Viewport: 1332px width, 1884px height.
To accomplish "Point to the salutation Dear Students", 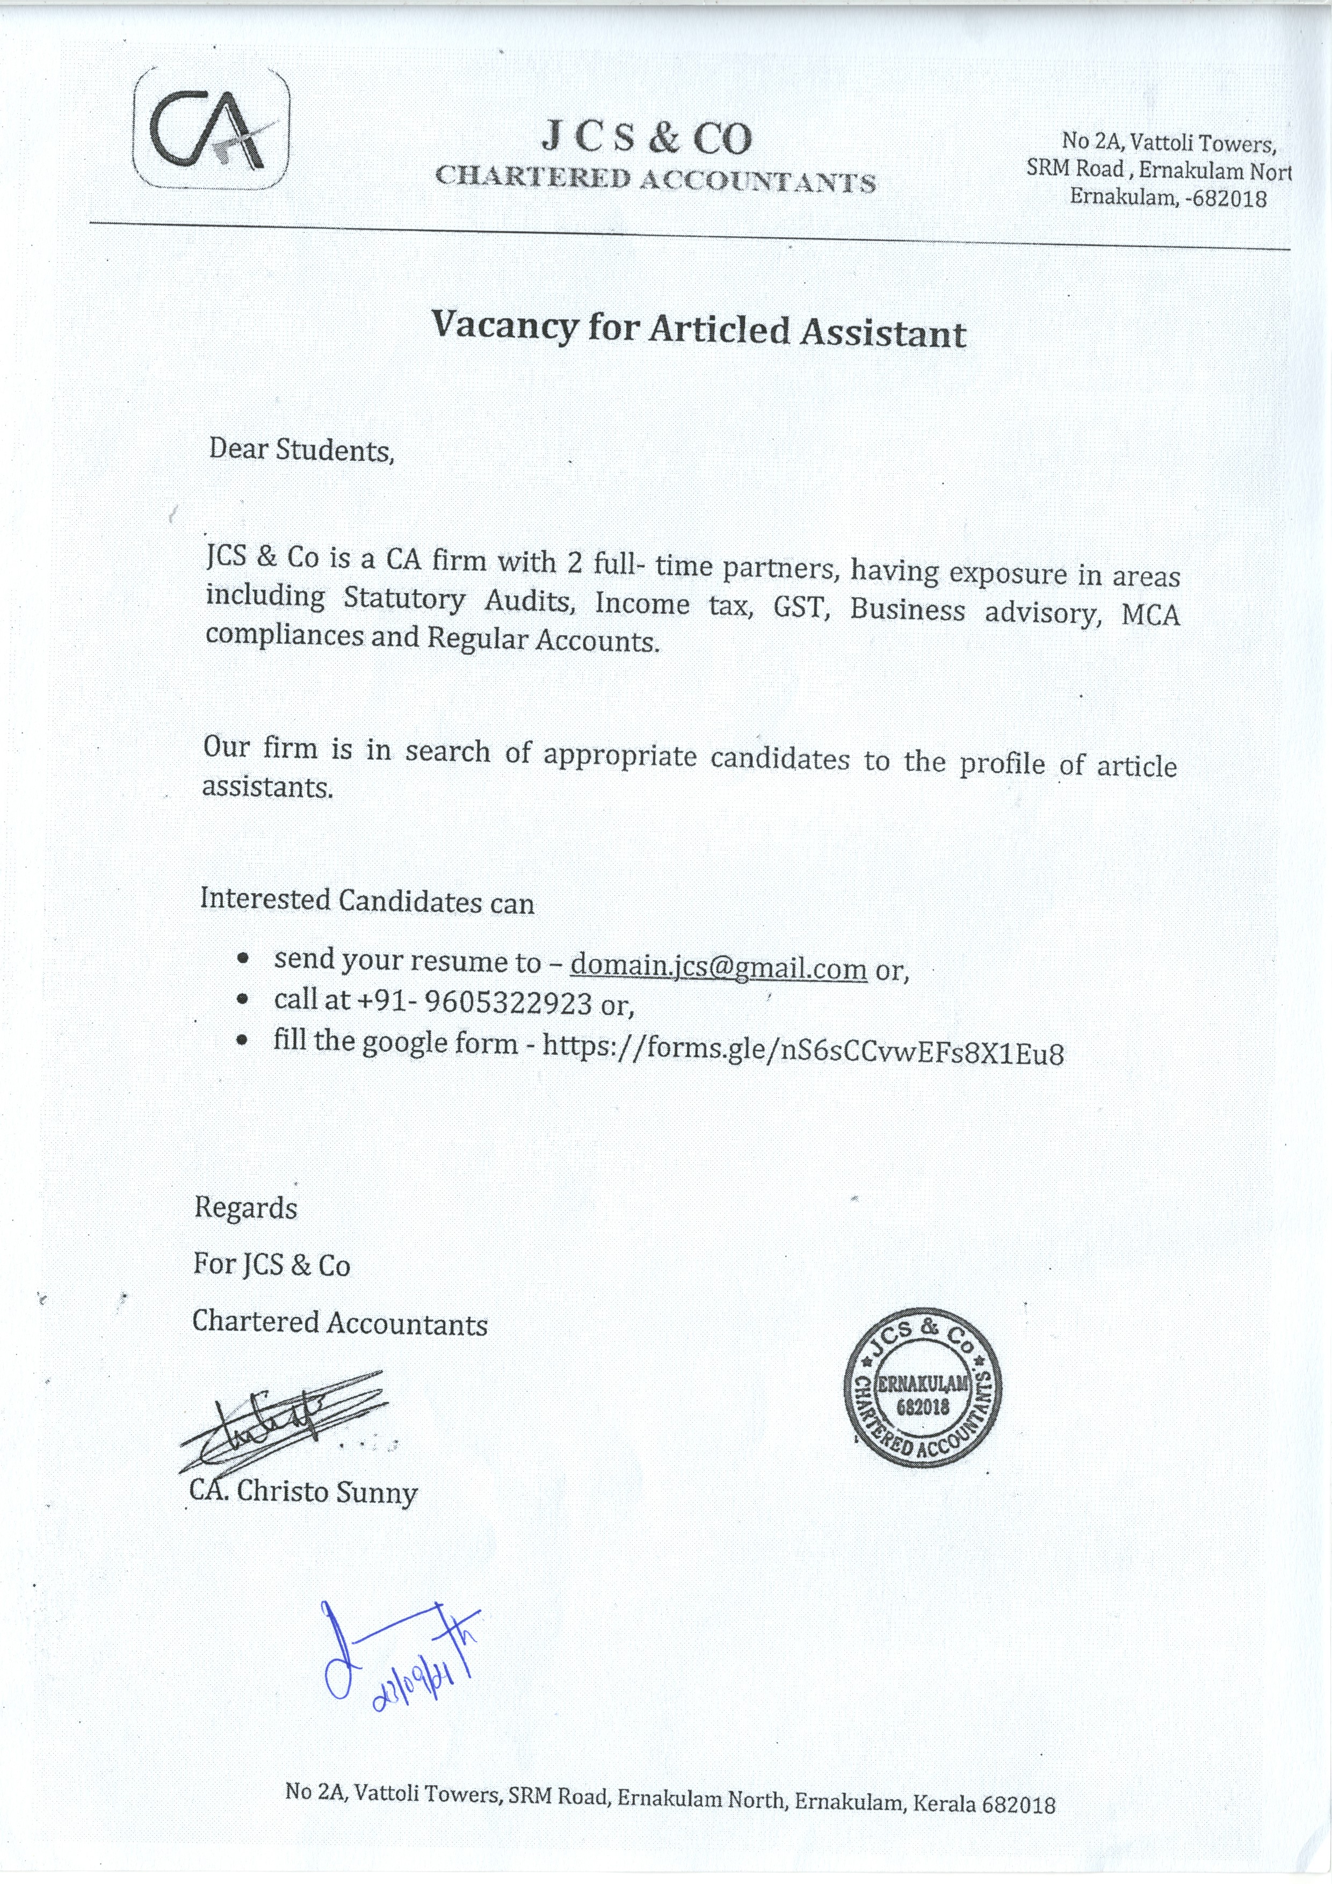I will [301, 450].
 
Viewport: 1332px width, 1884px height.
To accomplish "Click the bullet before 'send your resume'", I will [242, 959].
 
